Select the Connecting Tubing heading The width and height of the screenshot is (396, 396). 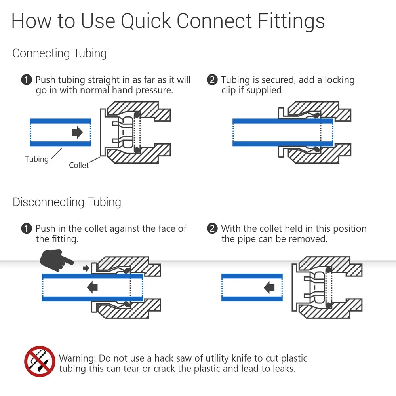59,53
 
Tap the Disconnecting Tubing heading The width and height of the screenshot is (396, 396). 67,202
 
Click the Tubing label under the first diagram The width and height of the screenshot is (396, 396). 37,159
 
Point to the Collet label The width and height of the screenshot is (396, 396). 79,165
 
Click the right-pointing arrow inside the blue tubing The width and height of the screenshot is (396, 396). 77,132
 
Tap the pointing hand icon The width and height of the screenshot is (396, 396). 57,260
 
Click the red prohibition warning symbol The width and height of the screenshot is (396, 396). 40,361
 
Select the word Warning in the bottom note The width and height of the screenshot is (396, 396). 77,358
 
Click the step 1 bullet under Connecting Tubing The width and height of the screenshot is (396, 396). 26,80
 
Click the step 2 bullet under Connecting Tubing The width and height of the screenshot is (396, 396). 212,80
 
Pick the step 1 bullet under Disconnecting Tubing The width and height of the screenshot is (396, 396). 26,229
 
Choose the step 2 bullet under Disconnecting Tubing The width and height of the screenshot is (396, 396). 212,229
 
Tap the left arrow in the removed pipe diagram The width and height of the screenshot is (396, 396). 269,287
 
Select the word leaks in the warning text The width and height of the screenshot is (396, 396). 284,369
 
